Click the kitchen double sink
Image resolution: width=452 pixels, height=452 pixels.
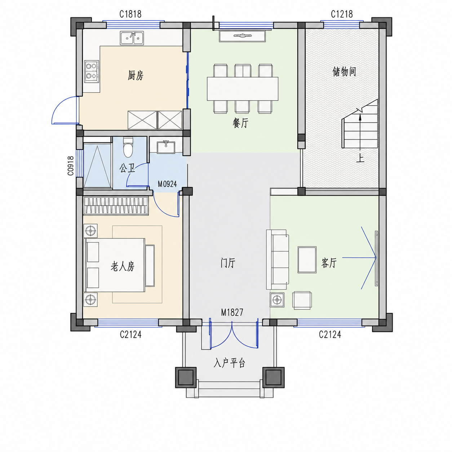pyautogui.click(x=132, y=38)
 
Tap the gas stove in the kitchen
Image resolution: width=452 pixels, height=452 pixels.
pyautogui.click(x=92, y=71)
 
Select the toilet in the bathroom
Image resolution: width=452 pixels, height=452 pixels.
pyautogui.click(x=128, y=147)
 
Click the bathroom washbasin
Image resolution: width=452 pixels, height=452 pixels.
pyautogui.click(x=166, y=147)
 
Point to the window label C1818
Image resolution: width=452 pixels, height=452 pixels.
pyautogui.click(x=130, y=14)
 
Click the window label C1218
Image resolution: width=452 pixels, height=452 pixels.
pyautogui.click(x=341, y=14)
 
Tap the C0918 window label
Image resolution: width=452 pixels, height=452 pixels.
pyautogui.click(x=71, y=166)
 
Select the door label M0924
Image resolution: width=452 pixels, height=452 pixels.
pyautogui.click(x=167, y=184)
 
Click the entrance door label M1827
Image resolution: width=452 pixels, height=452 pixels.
pyautogui.click(x=232, y=312)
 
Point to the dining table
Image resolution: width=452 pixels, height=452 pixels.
pyautogui.click(x=243, y=89)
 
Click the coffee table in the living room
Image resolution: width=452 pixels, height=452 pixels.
pyautogui.click(x=307, y=260)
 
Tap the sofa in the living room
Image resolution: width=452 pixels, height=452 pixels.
pyautogui.click(x=278, y=260)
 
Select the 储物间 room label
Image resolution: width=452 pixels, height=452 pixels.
pyautogui.click(x=344, y=71)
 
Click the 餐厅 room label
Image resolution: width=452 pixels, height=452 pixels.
pyautogui.click(x=240, y=123)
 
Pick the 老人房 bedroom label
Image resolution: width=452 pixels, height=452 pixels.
pyautogui.click(x=123, y=267)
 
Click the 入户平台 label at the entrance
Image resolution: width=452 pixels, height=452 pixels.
pyautogui.click(x=229, y=363)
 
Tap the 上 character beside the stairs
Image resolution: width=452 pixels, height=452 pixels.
pyautogui.click(x=360, y=158)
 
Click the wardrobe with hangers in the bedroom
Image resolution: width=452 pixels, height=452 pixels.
pyautogui.click(x=116, y=206)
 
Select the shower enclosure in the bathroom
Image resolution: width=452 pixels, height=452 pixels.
pyautogui.click(x=97, y=165)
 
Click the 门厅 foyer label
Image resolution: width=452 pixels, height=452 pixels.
pyautogui.click(x=228, y=263)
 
